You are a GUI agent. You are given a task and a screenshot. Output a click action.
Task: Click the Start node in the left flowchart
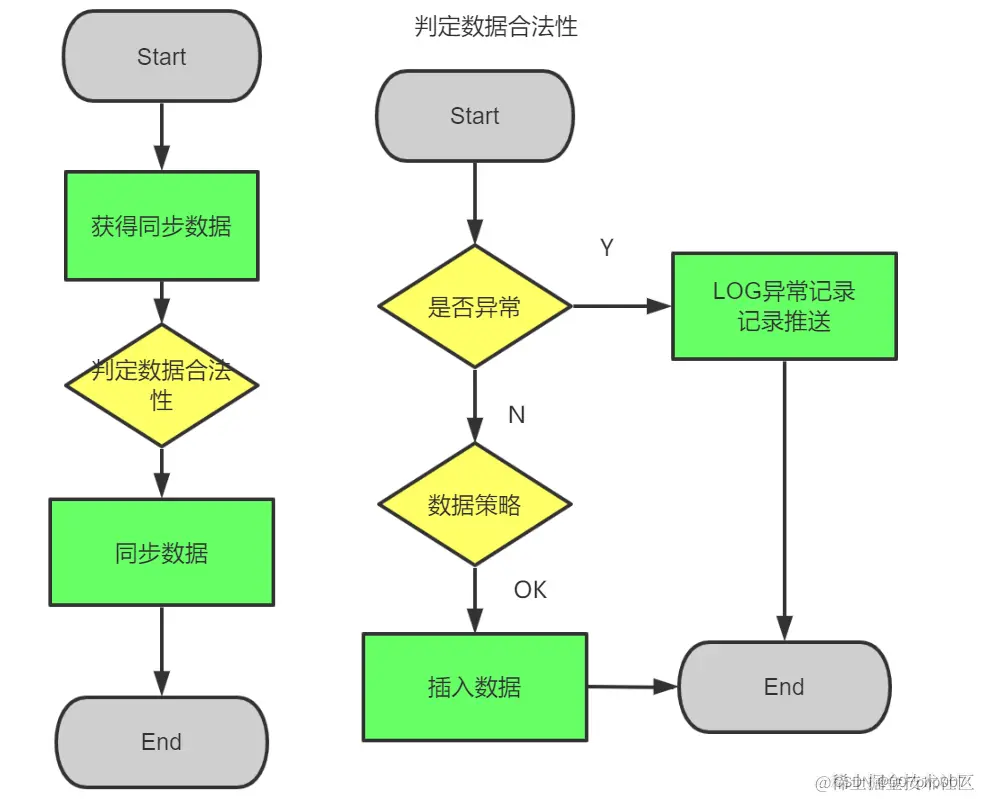click(x=161, y=57)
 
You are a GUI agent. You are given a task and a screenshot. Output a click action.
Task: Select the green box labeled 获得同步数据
click(x=161, y=226)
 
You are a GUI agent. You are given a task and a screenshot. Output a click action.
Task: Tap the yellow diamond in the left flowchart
click(x=161, y=385)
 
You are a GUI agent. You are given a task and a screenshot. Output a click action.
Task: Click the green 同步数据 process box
click(x=161, y=552)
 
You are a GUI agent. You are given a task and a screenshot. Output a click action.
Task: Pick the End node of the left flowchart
click(x=161, y=741)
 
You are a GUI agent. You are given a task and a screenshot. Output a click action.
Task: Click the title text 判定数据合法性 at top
click(x=496, y=27)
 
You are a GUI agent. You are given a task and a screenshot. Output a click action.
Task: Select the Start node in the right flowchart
click(x=474, y=116)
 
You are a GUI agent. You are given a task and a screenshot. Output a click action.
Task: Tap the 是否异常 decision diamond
click(x=474, y=307)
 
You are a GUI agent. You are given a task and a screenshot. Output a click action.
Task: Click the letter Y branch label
click(x=606, y=248)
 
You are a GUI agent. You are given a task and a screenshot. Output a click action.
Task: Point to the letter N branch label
click(x=516, y=414)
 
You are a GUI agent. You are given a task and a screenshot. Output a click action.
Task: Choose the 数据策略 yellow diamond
click(x=474, y=505)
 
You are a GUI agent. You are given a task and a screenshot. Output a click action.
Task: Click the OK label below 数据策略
click(x=530, y=590)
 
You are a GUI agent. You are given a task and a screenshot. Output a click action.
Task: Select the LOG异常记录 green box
click(x=784, y=306)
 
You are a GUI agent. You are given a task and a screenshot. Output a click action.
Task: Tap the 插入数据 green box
click(x=474, y=687)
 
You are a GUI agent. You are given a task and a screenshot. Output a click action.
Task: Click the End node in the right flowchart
click(x=784, y=687)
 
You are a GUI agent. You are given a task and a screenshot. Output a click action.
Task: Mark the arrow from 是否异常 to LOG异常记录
click(x=620, y=307)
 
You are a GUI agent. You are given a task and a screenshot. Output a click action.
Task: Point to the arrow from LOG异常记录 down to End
click(x=784, y=500)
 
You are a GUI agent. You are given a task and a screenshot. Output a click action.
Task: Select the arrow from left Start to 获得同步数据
click(x=161, y=135)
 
